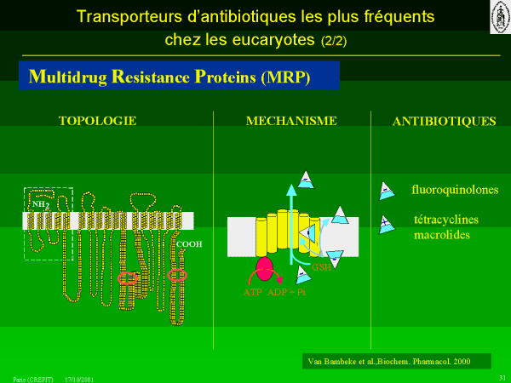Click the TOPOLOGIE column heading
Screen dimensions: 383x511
point(96,121)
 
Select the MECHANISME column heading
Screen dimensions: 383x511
point(291,121)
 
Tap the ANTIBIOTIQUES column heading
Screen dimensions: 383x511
point(444,122)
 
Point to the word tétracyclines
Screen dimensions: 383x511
point(445,220)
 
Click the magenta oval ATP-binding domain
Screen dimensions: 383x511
point(265,269)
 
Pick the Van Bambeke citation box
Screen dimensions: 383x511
point(397,361)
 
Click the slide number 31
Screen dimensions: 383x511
point(502,377)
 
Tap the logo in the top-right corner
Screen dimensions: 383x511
point(499,17)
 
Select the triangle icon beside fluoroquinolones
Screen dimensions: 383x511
point(387,189)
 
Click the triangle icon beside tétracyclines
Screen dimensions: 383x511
point(388,221)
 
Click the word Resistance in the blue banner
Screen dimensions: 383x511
point(145,77)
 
